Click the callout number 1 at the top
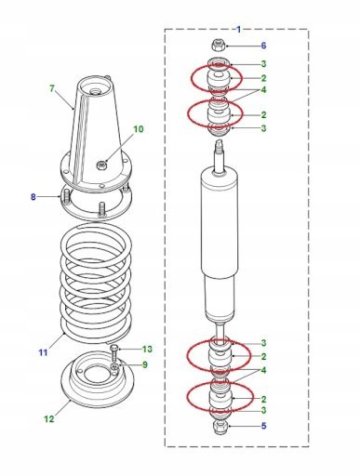[238, 30]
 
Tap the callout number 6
[263, 46]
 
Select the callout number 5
[263, 426]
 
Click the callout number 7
[52, 88]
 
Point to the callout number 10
[139, 129]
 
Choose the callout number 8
[33, 197]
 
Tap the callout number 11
[43, 352]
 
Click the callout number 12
[49, 419]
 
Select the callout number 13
[147, 350]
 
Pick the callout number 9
[145, 364]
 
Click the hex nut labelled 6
[219, 46]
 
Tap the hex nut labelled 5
[220, 426]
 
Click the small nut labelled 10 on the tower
[101, 165]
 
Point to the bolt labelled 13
[114, 353]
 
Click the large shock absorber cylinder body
[220, 223]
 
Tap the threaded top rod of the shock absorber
[220, 154]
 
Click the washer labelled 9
[115, 367]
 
